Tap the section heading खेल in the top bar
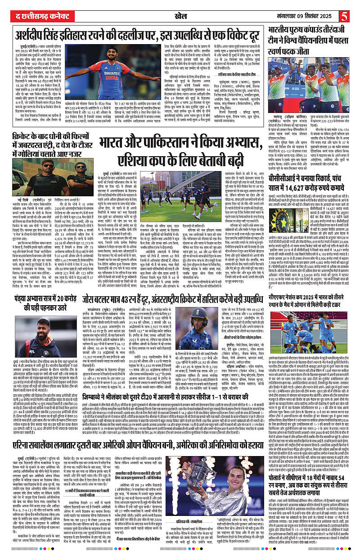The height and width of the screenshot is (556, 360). (180, 17)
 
